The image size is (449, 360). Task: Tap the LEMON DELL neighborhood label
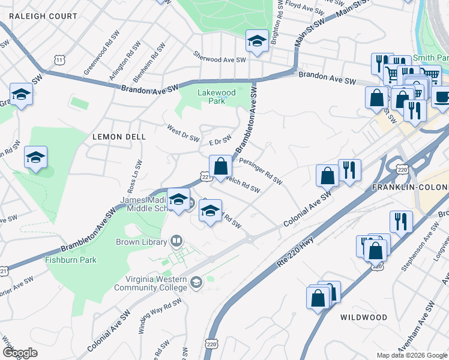point(119,137)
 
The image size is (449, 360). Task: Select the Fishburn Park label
point(71,260)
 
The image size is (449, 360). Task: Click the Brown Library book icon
point(176,241)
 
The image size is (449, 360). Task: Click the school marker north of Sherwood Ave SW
point(256,42)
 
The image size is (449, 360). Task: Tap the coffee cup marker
point(443,97)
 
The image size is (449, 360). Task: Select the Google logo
point(20,353)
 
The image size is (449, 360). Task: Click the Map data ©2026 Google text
point(411,355)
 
